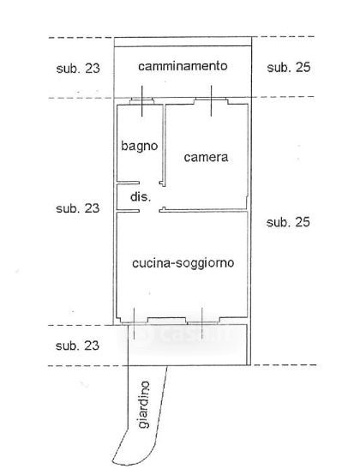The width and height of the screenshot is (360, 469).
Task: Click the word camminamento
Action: pyautogui.click(x=183, y=66)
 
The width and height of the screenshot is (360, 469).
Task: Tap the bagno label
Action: pyautogui.click(x=140, y=146)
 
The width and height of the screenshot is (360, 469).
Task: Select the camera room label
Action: pyautogui.click(x=206, y=157)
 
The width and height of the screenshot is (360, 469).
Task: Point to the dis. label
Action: pyautogui.click(x=141, y=197)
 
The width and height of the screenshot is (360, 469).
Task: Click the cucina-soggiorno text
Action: pyautogui.click(x=183, y=263)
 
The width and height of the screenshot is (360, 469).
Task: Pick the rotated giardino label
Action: pyautogui.click(x=144, y=405)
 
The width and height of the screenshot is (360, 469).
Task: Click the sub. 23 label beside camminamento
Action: pyautogui.click(x=78, y=69)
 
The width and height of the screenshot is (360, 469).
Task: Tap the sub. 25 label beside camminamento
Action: pyautogui.click(x=289, y=67)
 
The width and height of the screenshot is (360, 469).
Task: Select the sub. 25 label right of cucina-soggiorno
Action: pyautogui.click(x=288, y=222)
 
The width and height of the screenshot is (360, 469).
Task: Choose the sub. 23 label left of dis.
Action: pyautogui.click(x=78, y=208)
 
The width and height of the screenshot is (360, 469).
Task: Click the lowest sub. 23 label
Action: pyautogui.click(x=77, y=346)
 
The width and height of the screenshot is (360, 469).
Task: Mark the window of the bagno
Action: pyautogui.click(x=142, y=101)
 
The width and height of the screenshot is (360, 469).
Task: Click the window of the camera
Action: pyautogui.click(x=211, y=101)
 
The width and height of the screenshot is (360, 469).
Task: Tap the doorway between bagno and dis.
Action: pyautogui.click(x=150, y=183)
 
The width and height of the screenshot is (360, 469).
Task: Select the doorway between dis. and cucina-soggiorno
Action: pyautogui.click(x=149, y=211)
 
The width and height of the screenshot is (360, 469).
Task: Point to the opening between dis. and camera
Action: pyautogui.click(x=164, y=197)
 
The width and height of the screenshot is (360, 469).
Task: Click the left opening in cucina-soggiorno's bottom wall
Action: pyautogui.click(x=134, y=321)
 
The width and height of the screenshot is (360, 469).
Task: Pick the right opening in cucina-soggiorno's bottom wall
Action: pyautogui.click(x=202, y=321)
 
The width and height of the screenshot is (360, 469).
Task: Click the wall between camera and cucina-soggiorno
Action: pyautogui.click(x=203, y=211)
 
